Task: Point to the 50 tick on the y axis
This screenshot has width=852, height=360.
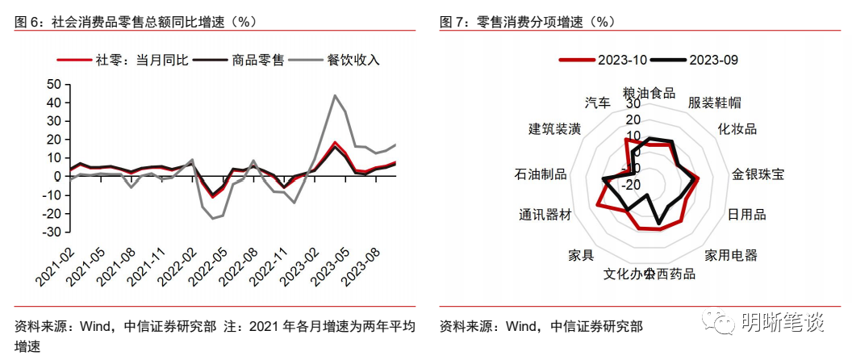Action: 54,84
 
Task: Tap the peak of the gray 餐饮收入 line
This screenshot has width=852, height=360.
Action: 335,95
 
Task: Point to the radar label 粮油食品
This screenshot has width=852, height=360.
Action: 649,92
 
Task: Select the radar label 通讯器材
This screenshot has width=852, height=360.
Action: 545,215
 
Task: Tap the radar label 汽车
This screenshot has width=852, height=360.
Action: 598,103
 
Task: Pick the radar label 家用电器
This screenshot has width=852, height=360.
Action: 731,255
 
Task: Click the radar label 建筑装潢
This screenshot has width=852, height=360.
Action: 555,129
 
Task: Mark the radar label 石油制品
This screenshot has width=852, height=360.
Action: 540,174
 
